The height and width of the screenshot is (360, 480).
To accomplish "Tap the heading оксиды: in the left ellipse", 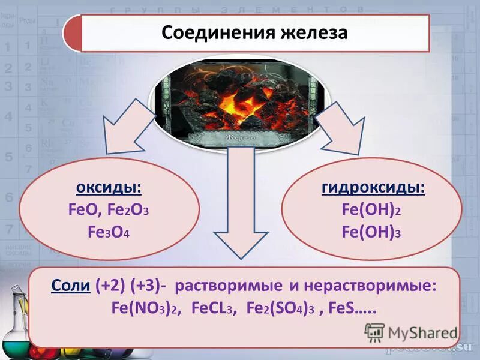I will [x=109, y=188].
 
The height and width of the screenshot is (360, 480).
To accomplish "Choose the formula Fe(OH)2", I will [x=371, y=211].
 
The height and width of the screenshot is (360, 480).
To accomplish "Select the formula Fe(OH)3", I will [x=371, y=233].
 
